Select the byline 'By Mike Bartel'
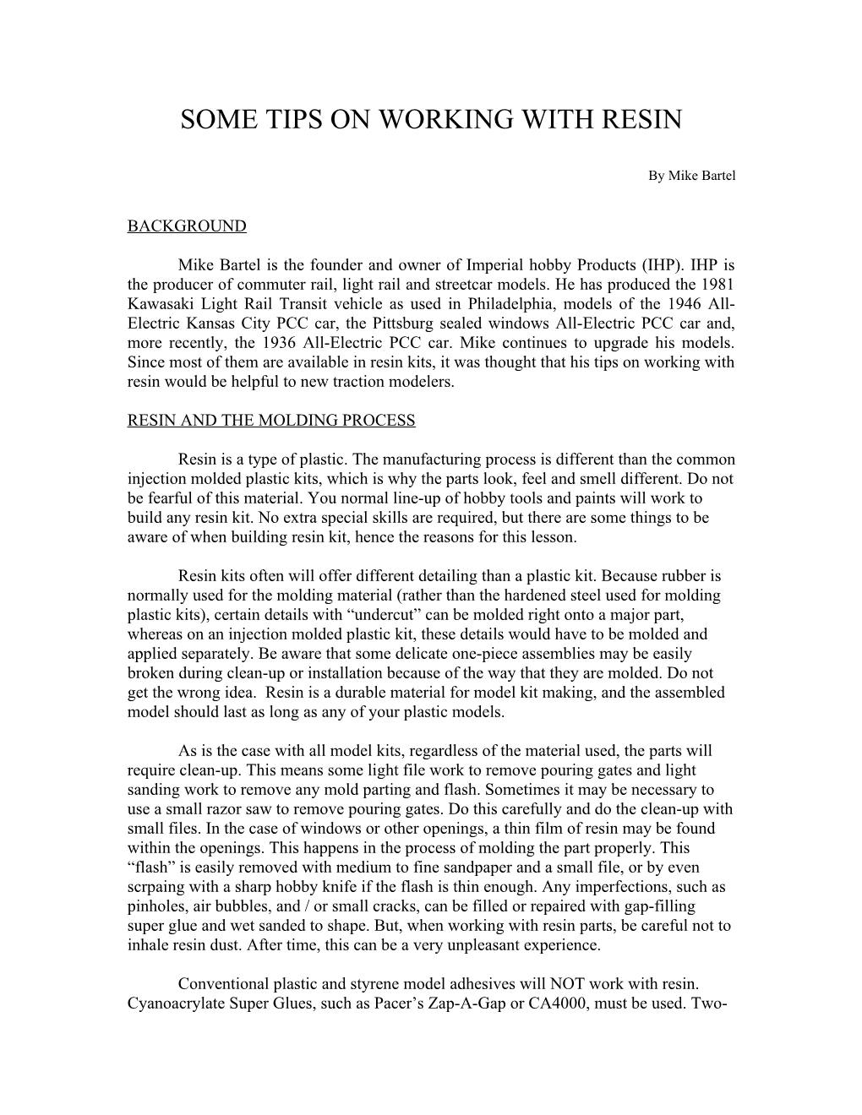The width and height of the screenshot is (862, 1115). point(692,176)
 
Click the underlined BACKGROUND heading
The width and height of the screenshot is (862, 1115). point(187,226)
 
